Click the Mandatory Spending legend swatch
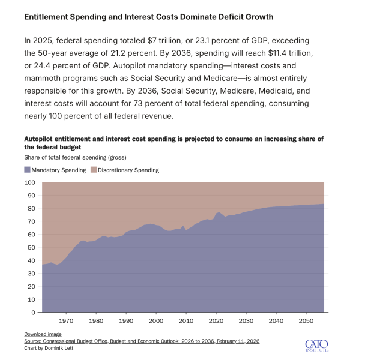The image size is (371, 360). click(x=27, y=170)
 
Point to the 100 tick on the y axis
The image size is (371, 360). click(x=29, y=182)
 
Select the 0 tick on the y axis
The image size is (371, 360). click(x=33, y=312)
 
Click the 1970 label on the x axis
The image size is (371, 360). click(x=66, y=321)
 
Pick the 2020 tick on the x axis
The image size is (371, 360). click(x=216, y=321)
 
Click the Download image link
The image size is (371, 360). click(x=43, y=334)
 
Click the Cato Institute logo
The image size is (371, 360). click(x=317, y=344)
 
